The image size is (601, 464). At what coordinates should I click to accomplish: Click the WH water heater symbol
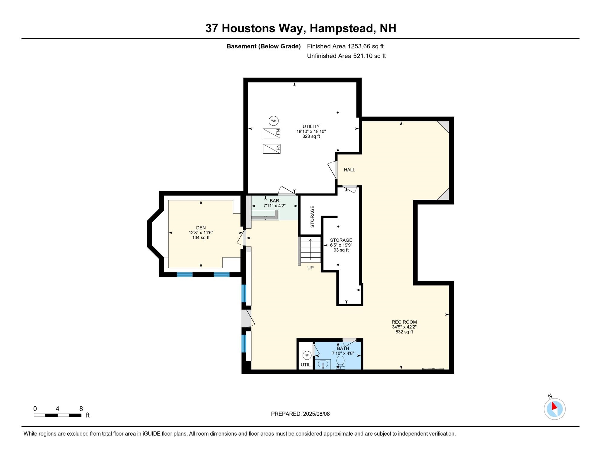[274, 121]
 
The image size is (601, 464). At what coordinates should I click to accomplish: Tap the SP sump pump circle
[307, 356]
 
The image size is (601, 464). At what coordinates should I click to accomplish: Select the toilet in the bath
[340, 362]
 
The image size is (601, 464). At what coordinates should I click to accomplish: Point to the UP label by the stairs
[310, 268]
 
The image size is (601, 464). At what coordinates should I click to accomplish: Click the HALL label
[349, 170]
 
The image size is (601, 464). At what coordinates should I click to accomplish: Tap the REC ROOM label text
[404, 322]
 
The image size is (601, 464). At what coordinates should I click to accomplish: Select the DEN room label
[201, 228]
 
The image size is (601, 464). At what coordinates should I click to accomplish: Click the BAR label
[275, 201]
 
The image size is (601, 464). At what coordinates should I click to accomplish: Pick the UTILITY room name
[311, 127]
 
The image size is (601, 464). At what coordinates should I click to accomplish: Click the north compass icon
[555, 409]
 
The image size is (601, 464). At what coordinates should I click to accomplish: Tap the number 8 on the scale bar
[81, 409]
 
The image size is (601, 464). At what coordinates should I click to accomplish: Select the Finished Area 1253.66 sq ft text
[345, 46]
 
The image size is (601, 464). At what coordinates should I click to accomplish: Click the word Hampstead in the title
[343, 28]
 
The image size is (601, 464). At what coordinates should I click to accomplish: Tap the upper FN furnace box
[271, 133]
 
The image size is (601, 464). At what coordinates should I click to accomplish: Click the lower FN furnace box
[271, 149]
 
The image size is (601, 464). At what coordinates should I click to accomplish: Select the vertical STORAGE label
[312, 217]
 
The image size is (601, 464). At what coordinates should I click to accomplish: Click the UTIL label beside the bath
[306, 365]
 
